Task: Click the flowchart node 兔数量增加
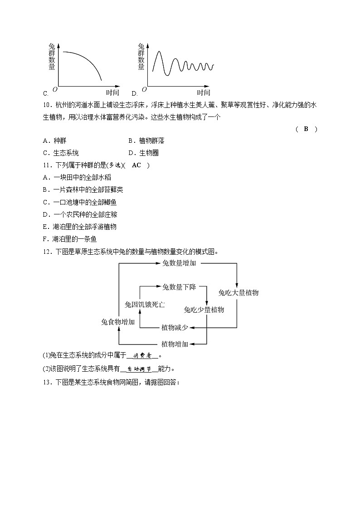pyautogui.click(x=179, y=263)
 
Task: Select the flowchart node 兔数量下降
pyautogui.click(x=179, y=286)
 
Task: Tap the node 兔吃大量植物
pyautogui.click(x=238, y=293)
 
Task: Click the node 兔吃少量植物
pyautogui.click(x=204, y=310)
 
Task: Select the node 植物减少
pyautogui.click(x=175, y=327)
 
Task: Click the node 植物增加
pyautogui.click(x=175, y=344)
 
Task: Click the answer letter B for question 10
pyautogui.click(x=306, y=129)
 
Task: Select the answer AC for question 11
pyautogui.click(x=136, y=165)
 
